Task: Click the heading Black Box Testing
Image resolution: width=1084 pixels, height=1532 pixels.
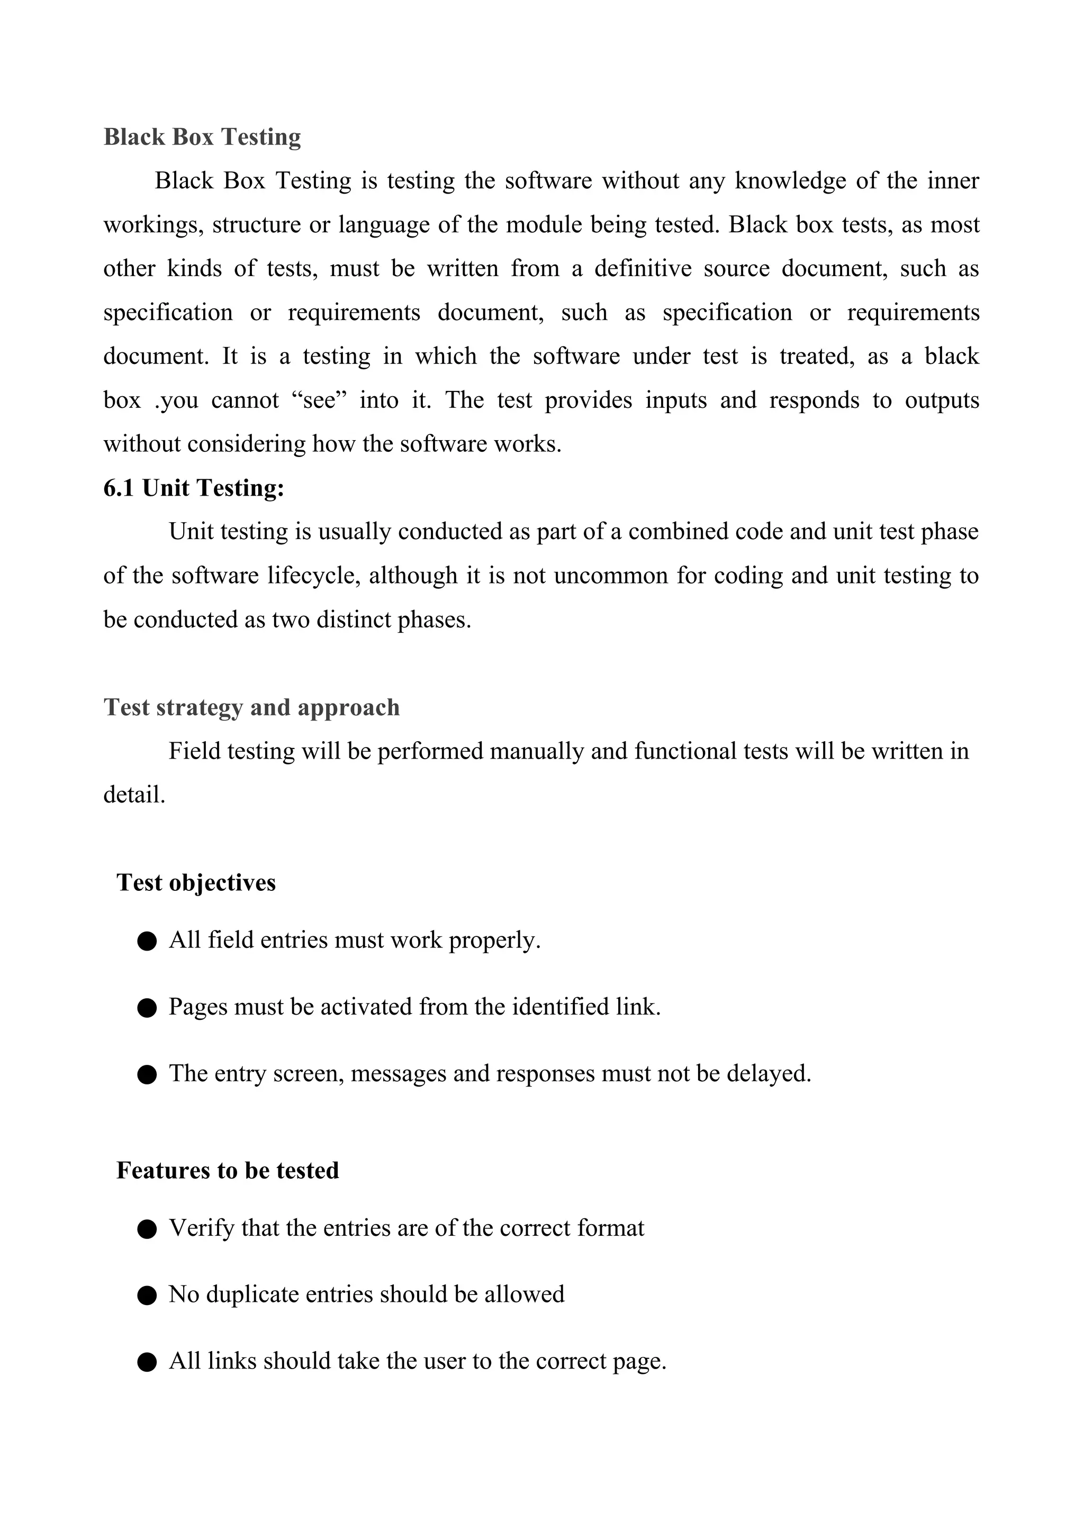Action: point(202,137)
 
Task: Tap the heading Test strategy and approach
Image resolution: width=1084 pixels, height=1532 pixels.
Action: point(251,707)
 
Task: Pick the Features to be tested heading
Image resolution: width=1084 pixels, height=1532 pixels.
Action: point(228,1170)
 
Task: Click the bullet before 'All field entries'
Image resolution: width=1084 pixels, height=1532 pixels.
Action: point(147,942)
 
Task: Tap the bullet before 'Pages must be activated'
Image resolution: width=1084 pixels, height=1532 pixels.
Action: point(147,1008)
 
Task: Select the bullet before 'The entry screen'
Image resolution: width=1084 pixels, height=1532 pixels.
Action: point(147,1075)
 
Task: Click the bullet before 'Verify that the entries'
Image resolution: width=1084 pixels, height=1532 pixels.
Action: point(147,1229)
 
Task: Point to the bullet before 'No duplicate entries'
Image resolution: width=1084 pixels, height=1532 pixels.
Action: point(147,1296)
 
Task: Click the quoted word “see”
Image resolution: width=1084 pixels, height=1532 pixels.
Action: point(319,400)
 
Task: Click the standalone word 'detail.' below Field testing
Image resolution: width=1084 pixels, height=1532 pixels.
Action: point(134,795)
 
